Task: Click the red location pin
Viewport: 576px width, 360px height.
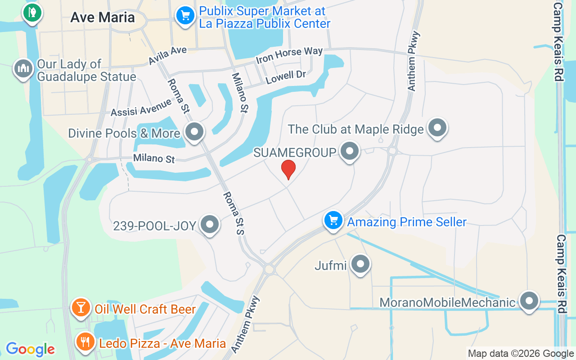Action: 288,169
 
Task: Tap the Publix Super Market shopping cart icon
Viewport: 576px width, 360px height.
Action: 185,16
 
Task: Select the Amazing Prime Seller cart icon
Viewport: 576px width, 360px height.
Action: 333,220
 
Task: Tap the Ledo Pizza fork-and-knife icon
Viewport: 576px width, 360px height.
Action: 84,342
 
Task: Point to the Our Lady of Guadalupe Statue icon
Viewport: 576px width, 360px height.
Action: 22,69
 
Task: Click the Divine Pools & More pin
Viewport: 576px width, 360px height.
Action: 195,132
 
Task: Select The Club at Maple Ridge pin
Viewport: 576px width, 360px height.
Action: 437,128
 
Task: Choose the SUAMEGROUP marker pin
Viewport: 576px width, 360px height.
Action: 350,151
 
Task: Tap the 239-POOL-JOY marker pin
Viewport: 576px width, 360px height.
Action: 209,224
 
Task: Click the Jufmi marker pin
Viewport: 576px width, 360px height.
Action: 360,264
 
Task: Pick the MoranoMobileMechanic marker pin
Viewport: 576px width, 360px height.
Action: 529,301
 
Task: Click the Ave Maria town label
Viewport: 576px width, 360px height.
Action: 103,18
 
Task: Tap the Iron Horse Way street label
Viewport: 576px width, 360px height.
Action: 289,56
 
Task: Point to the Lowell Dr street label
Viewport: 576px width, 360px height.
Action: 286,77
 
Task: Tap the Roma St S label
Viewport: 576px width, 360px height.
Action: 233,213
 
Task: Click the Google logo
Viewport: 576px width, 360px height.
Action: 30,349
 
